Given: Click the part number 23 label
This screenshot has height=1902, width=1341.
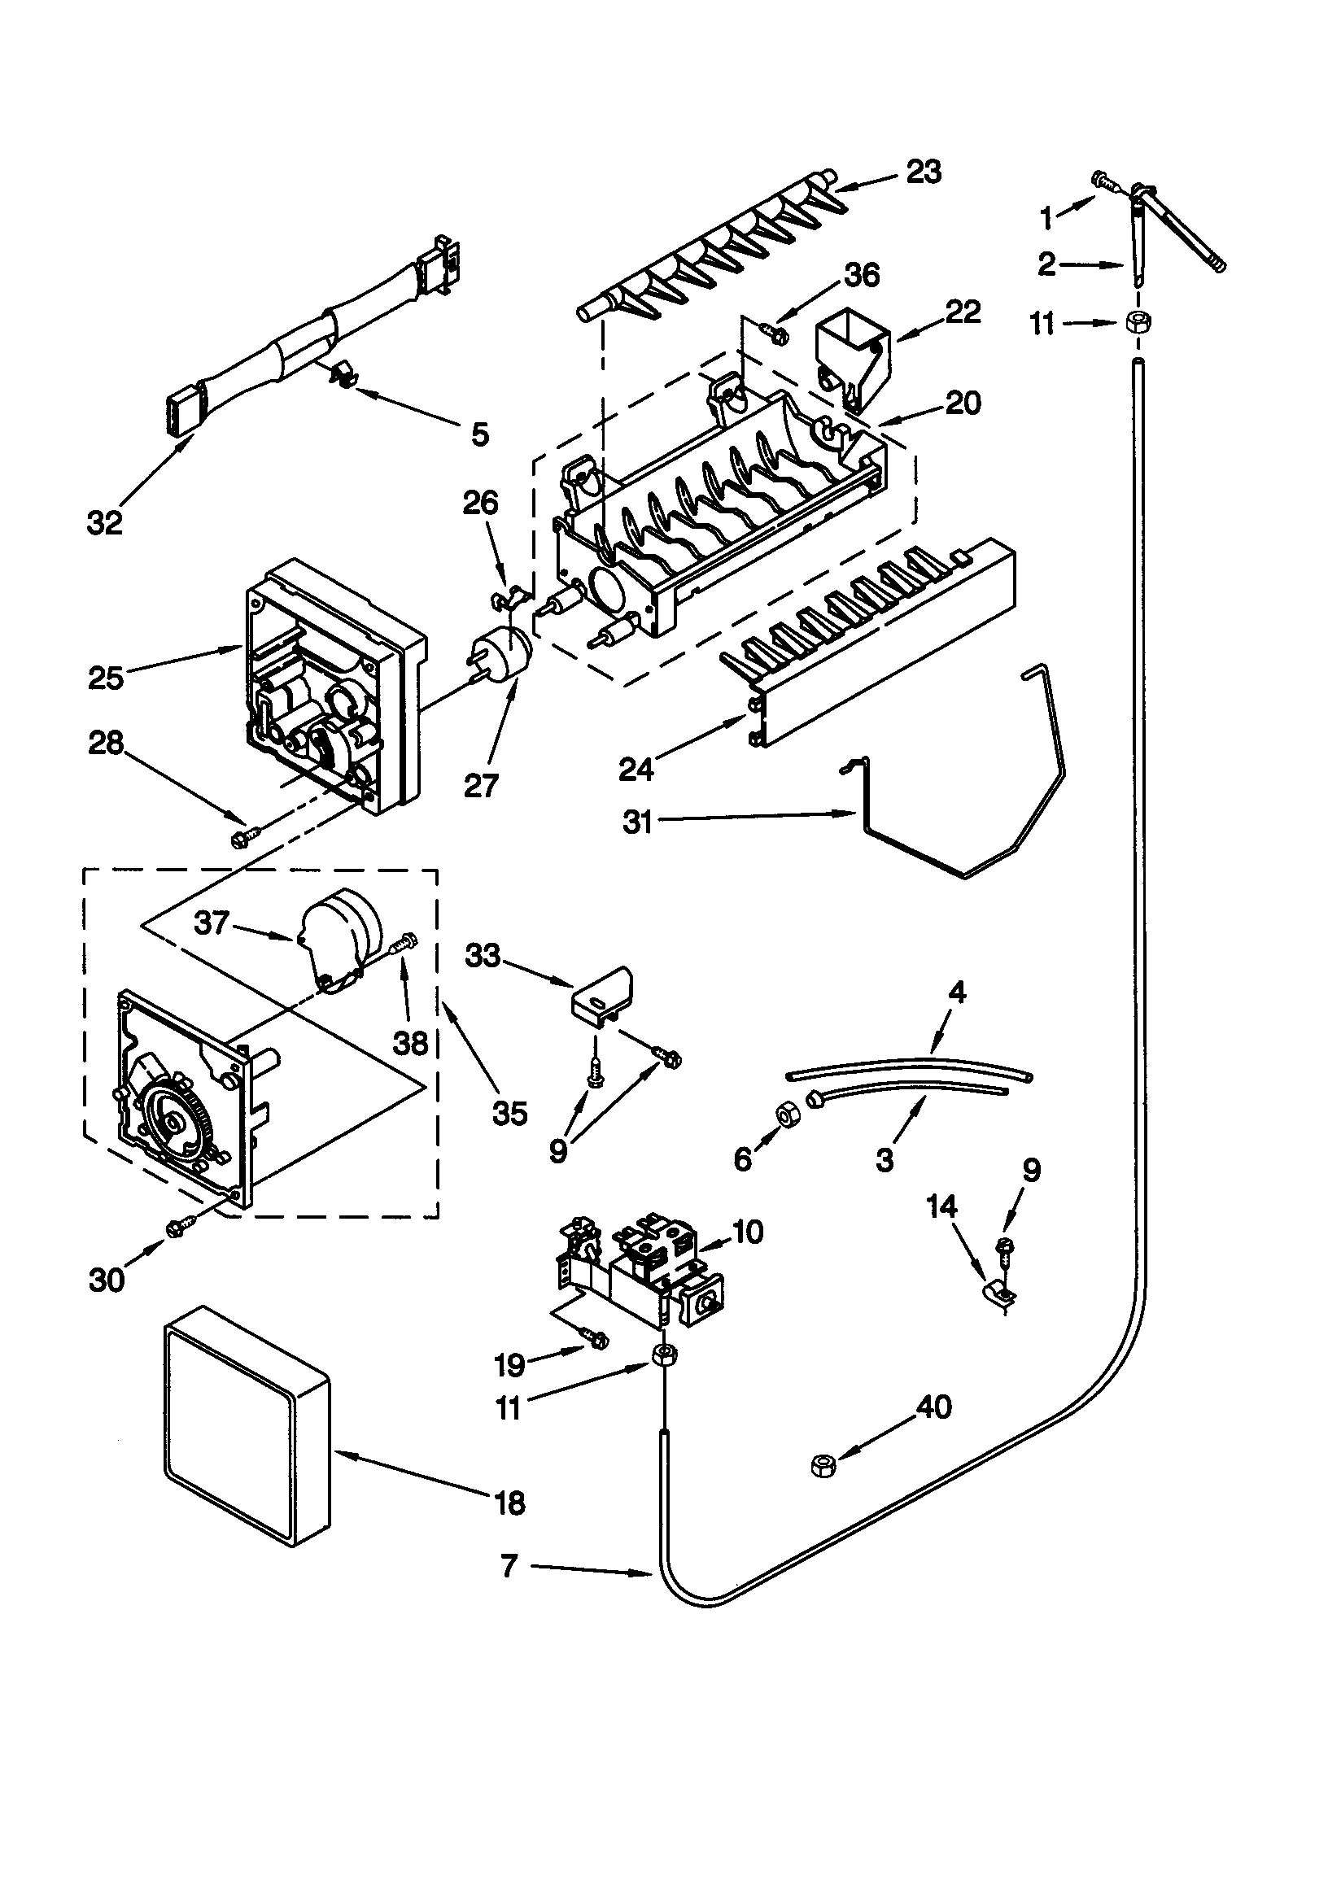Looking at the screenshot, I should tap(924, 172).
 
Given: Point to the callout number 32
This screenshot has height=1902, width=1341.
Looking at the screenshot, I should tap(104, 523).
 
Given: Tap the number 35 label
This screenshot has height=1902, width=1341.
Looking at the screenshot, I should tap(509, 1114).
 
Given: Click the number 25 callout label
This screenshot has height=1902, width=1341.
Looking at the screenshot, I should tap(105, 678).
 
